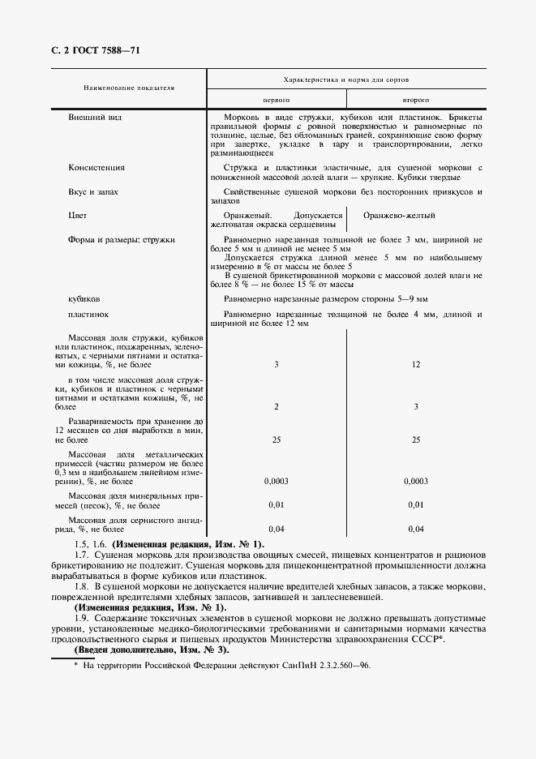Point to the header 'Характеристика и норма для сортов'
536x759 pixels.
click(x=346, y=80)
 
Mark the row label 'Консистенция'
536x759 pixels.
click(x=96, y=168)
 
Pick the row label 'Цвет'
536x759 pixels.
click(x=78, y=216)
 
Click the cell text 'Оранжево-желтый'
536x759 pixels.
click(x=399, y=216)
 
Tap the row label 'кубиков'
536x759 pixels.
click(x=85, y=298)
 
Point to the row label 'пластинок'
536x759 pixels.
click(x=89, y=314)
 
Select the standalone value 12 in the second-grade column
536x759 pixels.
click(x=416, y=365)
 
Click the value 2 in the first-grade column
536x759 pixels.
click(x=277, y=406)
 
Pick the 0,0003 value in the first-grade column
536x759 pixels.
click(x=277, y=481)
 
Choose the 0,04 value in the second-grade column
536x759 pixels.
click(x=416, y=529)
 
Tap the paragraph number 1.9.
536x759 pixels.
click(x=80, y=619)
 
